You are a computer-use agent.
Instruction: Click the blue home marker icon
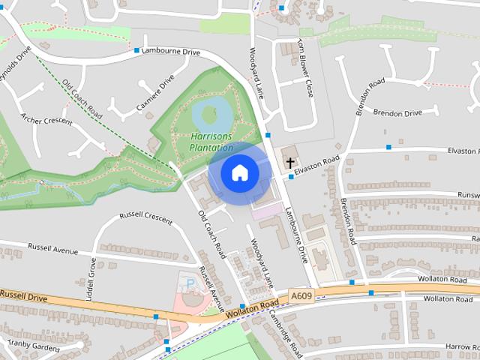point(239,172)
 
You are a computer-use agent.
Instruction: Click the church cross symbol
point(289,162)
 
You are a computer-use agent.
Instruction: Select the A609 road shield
point(302,296)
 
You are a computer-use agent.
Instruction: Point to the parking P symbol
point(190,283)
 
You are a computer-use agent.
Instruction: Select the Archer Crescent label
point(46,119)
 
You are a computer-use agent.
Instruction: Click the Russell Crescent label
point(147,218)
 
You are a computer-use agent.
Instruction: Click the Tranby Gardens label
point(33,345)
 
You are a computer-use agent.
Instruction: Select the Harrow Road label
point(460,346)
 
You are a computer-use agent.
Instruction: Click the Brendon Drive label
point(397,112)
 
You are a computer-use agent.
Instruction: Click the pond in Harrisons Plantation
point(211,113)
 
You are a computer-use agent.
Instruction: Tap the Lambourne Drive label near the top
point(172,52)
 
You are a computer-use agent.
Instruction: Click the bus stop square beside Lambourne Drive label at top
point(137,51)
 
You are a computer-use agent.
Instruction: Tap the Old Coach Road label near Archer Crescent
point(82,99)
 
